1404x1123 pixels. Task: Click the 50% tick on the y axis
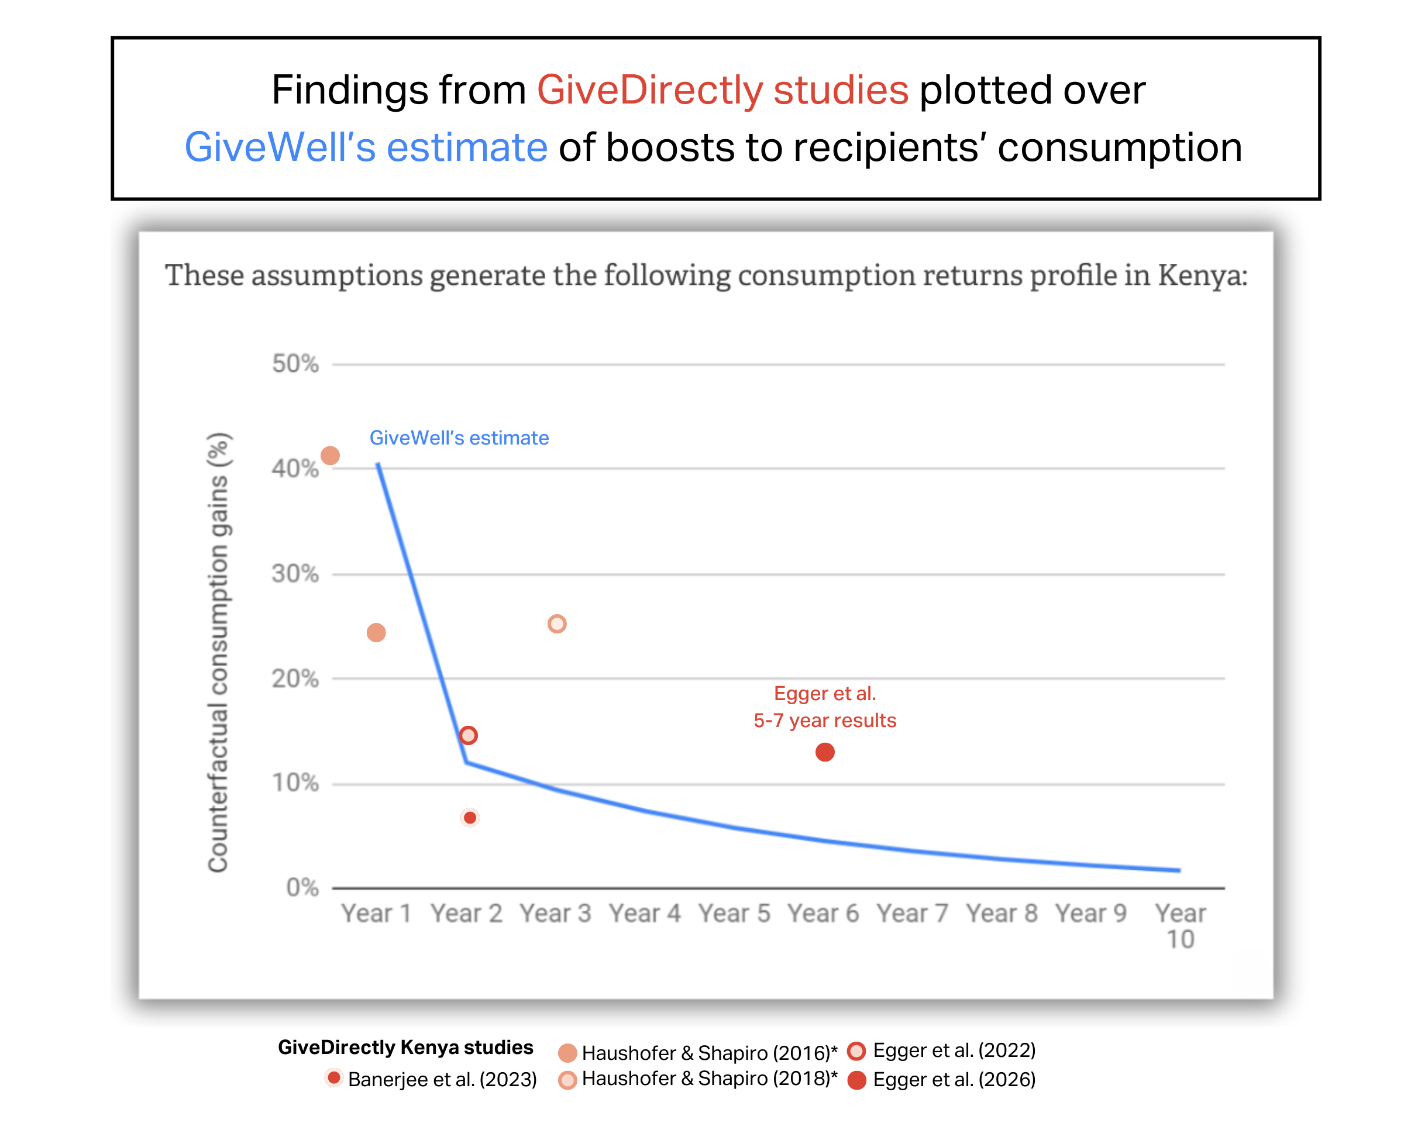(295, 363)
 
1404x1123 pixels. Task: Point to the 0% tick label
(302, 887)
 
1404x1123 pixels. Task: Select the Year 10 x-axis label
(1180, 925)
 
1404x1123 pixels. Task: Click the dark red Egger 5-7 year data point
(824, 752)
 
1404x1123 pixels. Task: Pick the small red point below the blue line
(470, 817)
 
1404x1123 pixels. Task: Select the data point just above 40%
(330, 455)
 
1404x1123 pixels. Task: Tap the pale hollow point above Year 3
(557, 623)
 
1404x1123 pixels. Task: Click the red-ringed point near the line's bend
(468, 735)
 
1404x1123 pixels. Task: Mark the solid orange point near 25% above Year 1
(376, 632)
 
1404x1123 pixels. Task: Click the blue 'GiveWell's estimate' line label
(459, 438)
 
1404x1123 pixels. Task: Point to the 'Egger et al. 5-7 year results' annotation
(824, 707)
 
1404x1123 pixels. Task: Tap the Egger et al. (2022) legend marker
(856, 1050)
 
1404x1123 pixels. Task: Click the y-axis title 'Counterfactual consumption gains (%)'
(218, 651)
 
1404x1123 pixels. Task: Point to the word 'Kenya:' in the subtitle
(1202, 275)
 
